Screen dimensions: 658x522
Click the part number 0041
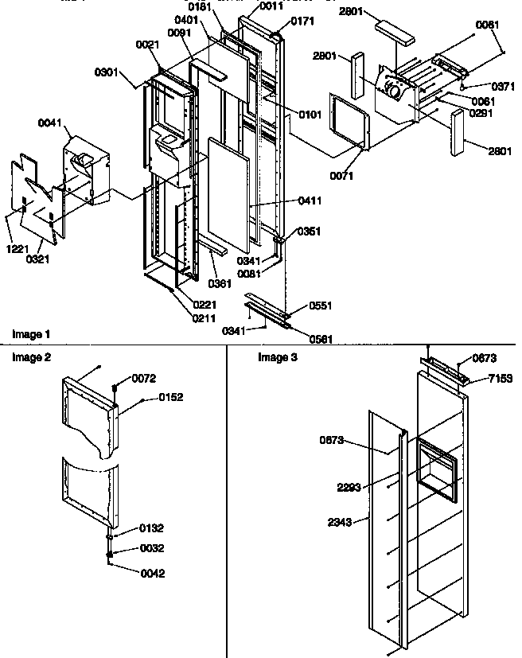tap(49, 123)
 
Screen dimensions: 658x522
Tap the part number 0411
tap(310, 201)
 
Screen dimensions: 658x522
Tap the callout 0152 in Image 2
tap(170, 397)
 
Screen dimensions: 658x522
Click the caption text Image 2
tap(31, 357)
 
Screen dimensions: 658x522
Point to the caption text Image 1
tap(31, 333)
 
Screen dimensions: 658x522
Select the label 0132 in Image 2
tap(151, 528)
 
